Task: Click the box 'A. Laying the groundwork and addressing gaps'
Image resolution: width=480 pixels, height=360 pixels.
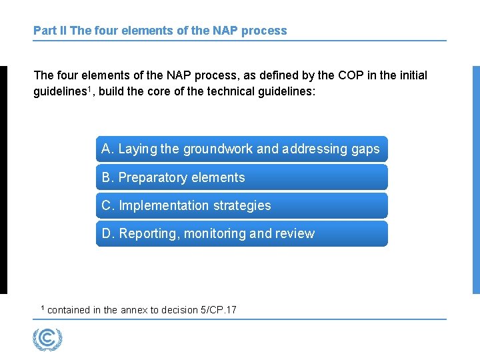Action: (x=241, y=149)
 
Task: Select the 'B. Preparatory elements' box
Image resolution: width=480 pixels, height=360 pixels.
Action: (x=241, y=177)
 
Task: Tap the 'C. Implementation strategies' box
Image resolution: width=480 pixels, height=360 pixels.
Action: (x=241, y=205)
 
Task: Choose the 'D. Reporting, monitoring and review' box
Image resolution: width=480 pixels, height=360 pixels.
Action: (x=241, y=233)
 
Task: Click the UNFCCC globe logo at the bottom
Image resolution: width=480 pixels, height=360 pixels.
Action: (x=47, y=339)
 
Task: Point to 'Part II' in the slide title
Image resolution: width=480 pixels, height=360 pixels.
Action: (x=49, y=31)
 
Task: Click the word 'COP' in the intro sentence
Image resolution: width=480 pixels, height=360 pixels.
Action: (x=351, y=75)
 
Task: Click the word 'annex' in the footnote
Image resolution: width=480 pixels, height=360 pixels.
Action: (x=134, y=310)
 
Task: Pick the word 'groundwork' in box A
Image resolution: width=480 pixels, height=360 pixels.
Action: (x=217, y=149)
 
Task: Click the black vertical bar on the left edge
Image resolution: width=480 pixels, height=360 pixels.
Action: (x=3, y=180)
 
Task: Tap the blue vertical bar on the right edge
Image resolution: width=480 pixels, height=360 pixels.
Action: (x=476, y=180)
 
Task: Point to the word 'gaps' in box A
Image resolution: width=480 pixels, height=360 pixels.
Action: (x=365, y=149)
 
